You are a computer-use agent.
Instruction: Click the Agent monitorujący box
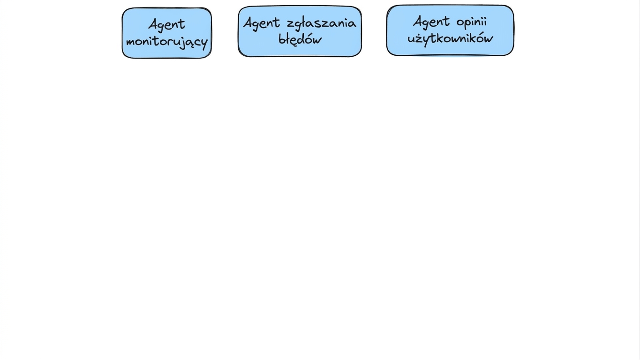click(x=167, y=33)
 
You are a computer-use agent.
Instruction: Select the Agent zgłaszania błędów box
click(x=300, y=31)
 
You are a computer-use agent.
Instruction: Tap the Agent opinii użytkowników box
click(x=450, y=30)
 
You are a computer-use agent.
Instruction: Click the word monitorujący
click(x=167, y=42)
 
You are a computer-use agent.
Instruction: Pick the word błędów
click(x=300, y=39)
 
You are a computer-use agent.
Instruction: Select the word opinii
click(x=471, y=22)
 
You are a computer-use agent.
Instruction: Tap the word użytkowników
click(x=450, y=38)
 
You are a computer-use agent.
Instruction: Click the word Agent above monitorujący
click(x=167, y=24)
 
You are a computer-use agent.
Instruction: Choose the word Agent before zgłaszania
click(x=262, y=23)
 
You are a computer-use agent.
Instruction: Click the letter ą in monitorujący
click(x=189, y=43)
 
